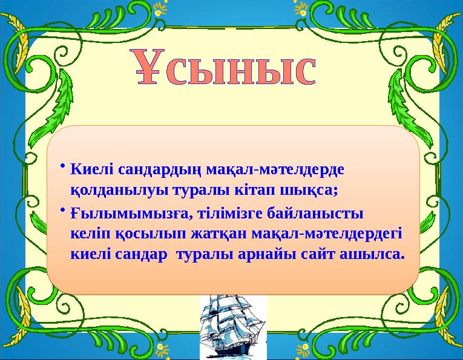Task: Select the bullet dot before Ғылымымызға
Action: pyautogui.click(x=63, y=209)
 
